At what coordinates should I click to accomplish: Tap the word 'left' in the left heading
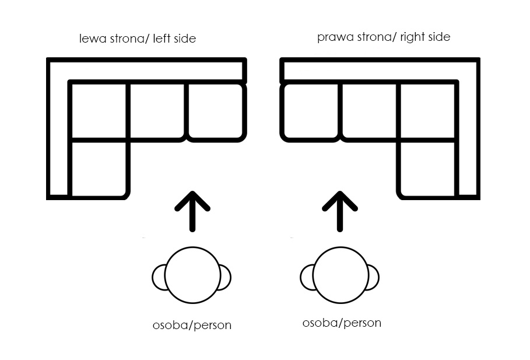(x=161, y=39)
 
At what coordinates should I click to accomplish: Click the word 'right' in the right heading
(x=410, y=37)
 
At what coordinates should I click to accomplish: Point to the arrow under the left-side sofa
(x=192, y=211)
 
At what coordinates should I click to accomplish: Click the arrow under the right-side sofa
(x=340, y=211)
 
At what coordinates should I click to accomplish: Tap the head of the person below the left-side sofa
(x=192, y=275)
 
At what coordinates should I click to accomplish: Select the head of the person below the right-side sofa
(x=341, y=275)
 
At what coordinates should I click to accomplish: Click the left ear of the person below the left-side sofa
(x=159, y=278)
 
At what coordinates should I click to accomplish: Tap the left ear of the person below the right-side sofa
(x=307, y=278)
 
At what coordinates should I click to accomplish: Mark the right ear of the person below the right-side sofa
(x=373, y=278)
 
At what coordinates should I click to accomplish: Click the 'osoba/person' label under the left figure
(x=192, y=325)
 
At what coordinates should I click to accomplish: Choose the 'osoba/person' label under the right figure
(x=342, y=323)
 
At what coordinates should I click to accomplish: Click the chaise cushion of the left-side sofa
(x=99, y=169)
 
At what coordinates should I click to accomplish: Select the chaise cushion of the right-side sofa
(x=427, y=169)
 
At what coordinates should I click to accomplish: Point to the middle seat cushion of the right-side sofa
(x=370, y=110)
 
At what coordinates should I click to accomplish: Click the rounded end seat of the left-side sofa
(x=216, y=111)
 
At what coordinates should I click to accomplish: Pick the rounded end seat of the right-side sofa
(x=311, y=111)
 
